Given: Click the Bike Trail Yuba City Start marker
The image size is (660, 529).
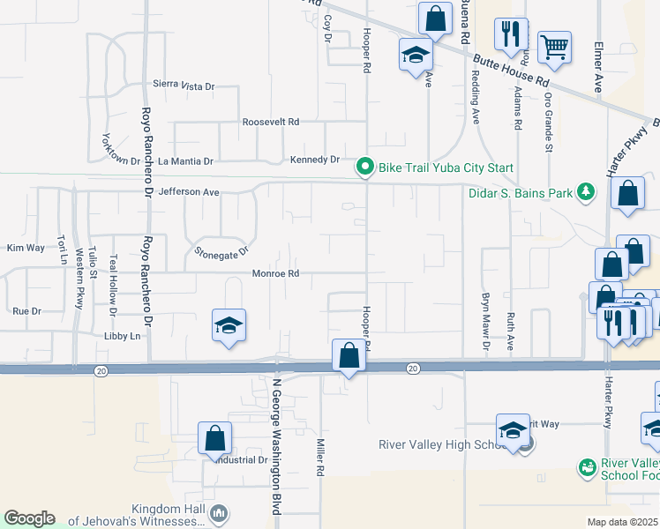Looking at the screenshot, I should (x=364, y=167).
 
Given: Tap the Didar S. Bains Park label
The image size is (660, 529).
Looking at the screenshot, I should (x=520, y=191).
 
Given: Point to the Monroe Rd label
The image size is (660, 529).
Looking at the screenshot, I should (x=275, y=273).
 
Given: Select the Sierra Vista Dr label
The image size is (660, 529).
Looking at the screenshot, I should (x=184, y=86).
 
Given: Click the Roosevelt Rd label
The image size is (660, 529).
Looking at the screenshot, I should (x=271, y=122).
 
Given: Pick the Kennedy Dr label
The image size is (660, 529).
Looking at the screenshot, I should (x=315, y=160).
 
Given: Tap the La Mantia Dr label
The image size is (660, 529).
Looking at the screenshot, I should (x=185, y=161).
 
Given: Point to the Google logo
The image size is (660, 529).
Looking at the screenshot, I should (x=29, y=518).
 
